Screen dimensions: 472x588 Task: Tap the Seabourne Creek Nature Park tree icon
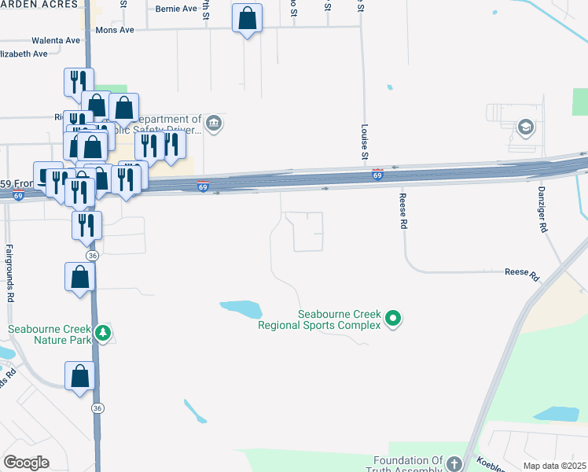(x=102, y=334)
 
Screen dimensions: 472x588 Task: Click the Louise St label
(x=365, y=141)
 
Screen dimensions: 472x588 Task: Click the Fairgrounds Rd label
(x=11, y=274)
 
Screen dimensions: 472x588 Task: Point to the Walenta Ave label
(x=56, y=40)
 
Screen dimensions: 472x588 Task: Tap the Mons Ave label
(x=115, y=29)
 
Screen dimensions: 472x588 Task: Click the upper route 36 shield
(x=93, y=256)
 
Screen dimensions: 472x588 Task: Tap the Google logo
(x=26, y=463)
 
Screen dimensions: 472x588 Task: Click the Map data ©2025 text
(x=553, y=466)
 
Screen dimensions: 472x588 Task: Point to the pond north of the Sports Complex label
(x=241, y=308)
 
